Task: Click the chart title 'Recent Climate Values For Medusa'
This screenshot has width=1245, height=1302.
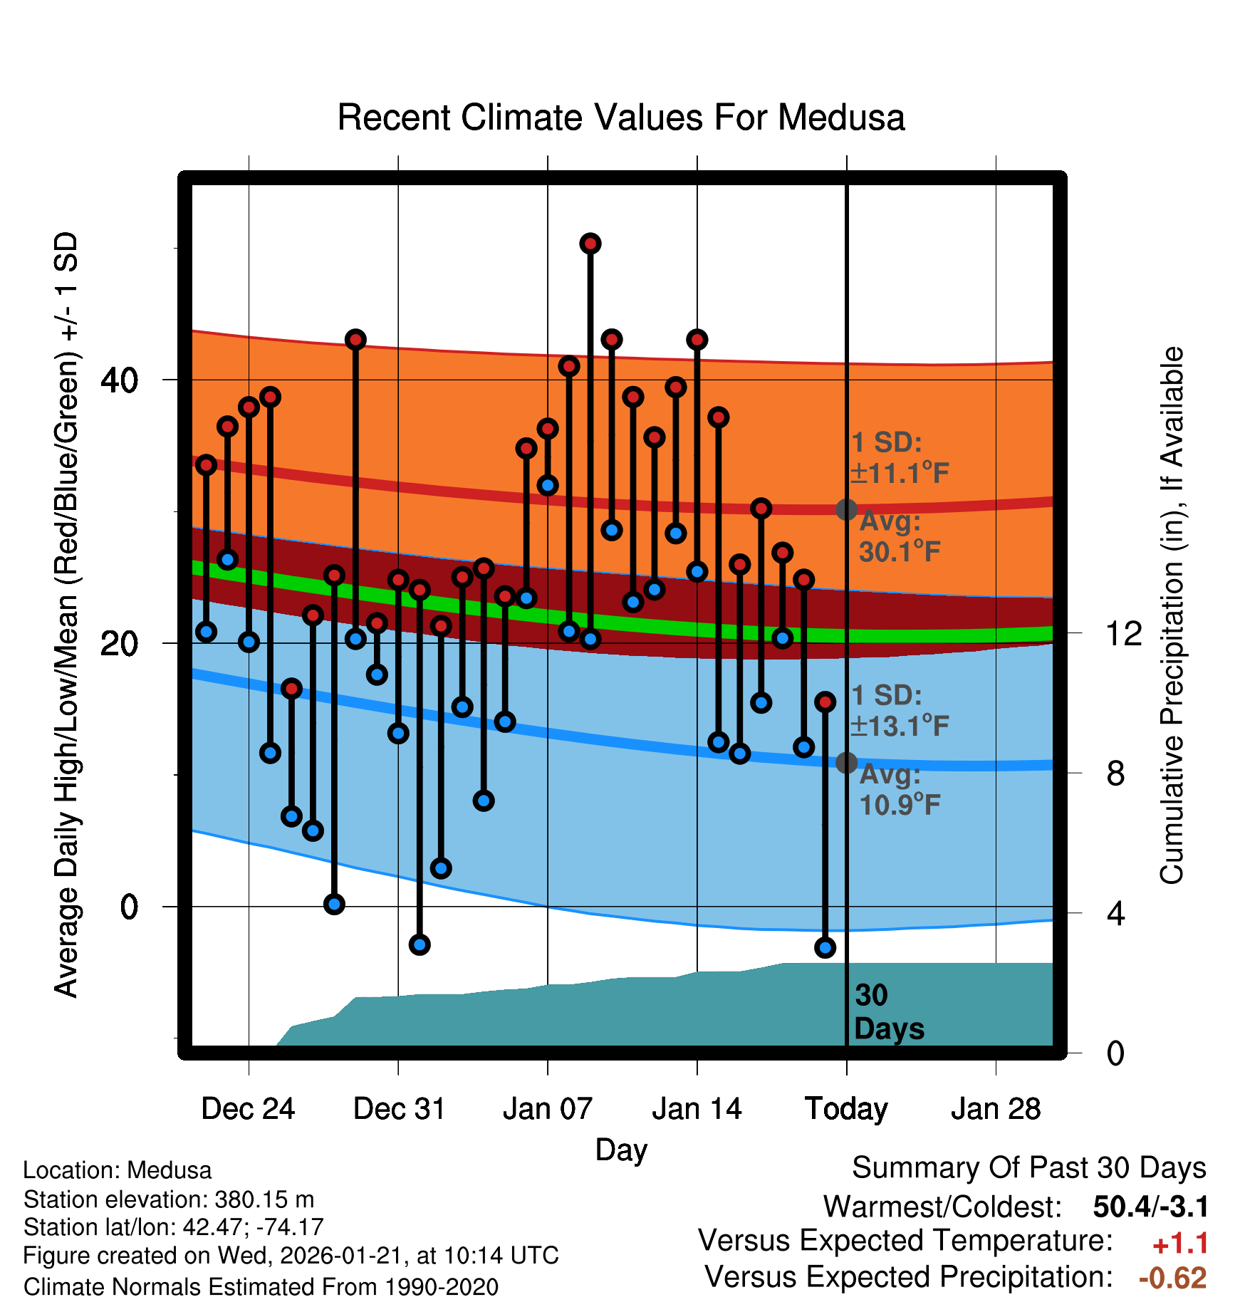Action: coord(620,118)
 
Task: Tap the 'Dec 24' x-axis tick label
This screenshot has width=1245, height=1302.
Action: coord(248,1109)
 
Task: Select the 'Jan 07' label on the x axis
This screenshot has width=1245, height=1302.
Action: coord(547,1109)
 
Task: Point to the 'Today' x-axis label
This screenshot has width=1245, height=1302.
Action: coord(846,1109)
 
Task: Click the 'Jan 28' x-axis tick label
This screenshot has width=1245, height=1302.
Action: coord(996,1109)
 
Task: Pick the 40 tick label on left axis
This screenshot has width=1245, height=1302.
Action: coord(119,380)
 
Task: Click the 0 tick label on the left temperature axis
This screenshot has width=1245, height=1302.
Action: coord(129,907)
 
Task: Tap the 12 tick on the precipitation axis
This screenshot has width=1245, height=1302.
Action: coord(1123,633)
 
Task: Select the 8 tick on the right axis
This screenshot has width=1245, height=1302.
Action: coord(1115,774)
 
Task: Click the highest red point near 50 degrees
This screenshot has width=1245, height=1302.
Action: coord(590,244)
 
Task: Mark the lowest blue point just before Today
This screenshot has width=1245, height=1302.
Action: coord(825,947)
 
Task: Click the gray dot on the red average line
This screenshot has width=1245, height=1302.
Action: coord(846,509)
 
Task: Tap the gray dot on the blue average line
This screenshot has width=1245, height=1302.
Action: coord(846,763)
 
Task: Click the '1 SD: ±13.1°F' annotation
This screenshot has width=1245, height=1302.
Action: coord(899,711)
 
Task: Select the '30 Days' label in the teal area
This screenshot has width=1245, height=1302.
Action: coord(887,1012)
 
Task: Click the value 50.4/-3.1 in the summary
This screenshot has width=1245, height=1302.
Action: coord(1150,1207)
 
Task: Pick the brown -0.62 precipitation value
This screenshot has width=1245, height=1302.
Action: coord(1172,1278)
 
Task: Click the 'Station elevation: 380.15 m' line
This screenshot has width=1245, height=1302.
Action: coord(169,1199)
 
